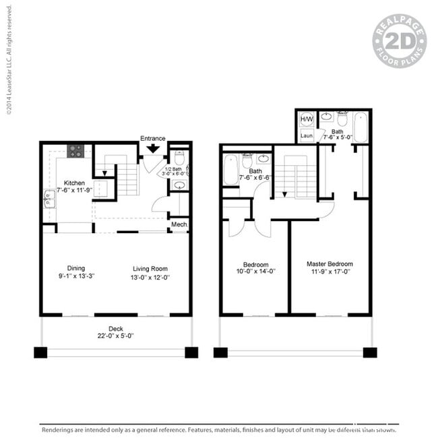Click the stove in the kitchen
click(x=75, y=151)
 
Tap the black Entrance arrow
click(x=153, y=148)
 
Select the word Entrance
click(x=153, y=138)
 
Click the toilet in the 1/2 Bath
click(x=179, y=158)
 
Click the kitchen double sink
click(x=49, y=199)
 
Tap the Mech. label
click(x=179, y=224)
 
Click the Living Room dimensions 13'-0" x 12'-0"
click(x=150, y=277)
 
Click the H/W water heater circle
click(x=307, y=119)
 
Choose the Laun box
click(x=307, y=135)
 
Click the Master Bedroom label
click(x=330, y=264)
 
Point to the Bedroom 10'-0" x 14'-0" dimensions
click(x=255, y=272)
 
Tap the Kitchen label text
click(x=74, y=183)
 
